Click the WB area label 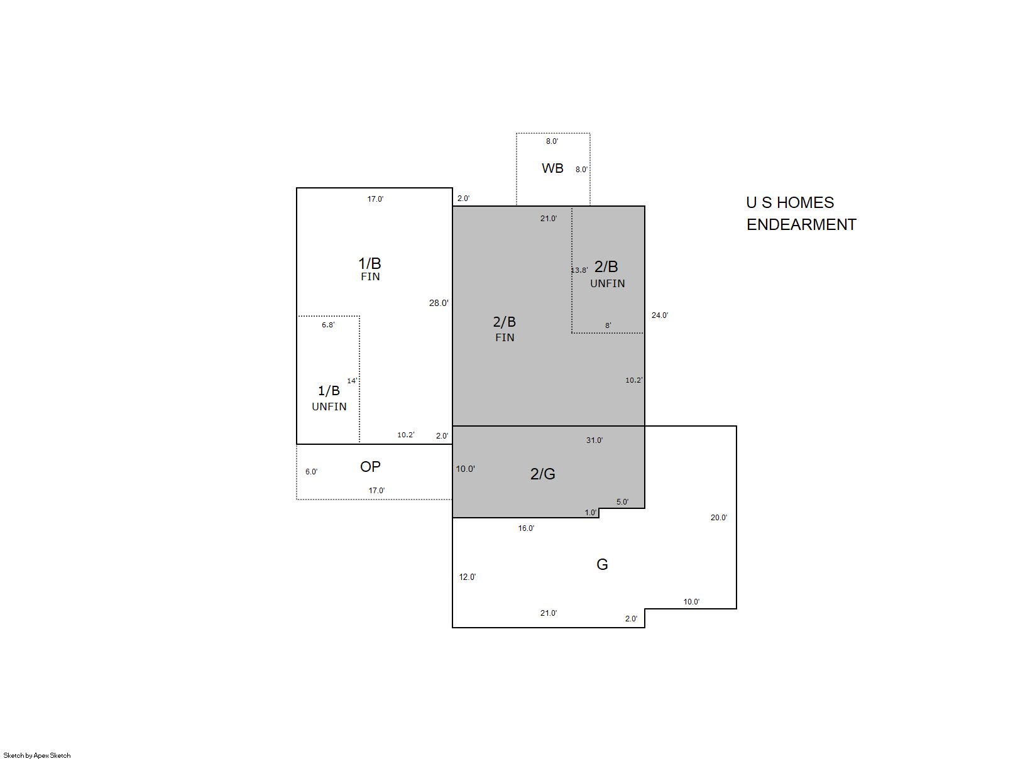click(552, 168)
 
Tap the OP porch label click(370, 467)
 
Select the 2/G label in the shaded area click(542, 474)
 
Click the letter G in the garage click(602, 564)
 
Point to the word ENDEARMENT click(801, 224)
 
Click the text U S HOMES click(790, 202)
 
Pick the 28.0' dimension click(439, 303)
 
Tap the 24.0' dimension click(660, 315)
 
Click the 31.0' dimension click(594, 440)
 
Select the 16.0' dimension click(526, 528)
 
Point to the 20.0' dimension click(718, 517)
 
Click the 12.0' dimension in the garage click(467, 577)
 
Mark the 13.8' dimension click(579, 270)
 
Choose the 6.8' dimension click(328, 325)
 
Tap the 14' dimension click(352, 381)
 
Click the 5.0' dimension click(622, 501)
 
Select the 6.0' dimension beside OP click(312, 472)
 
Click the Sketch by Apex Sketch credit click(37, 755)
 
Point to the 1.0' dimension click(591, 512)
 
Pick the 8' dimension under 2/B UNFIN click(608, 325)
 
